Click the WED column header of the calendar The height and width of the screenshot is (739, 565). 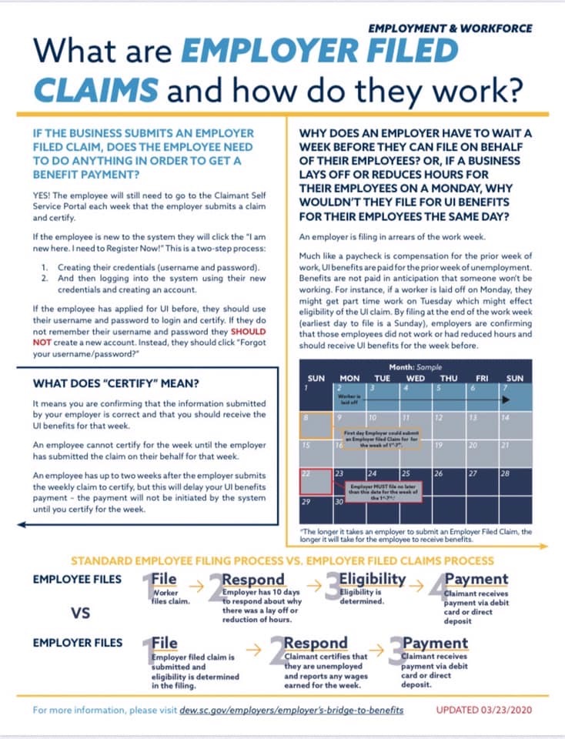coord(416,379)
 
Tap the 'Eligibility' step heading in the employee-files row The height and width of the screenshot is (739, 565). coord(373,579)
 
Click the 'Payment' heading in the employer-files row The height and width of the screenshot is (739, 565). coord(436,642)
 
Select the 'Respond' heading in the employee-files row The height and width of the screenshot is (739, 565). coord(253,579)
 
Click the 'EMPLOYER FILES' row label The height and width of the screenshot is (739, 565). coord(78,641)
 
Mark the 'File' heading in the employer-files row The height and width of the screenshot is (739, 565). coord(165,641)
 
